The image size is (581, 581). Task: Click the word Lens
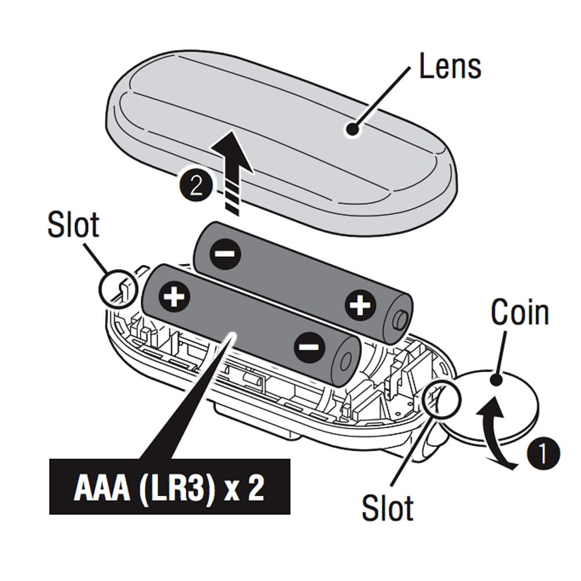(450, 67)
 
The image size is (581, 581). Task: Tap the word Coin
(519, 312)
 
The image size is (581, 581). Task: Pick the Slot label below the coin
(388, 507)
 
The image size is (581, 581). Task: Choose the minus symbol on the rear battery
(225, 253)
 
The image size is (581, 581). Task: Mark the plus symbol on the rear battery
(360, 304)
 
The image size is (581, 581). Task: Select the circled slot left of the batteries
(119, 288)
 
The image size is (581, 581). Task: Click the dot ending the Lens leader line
(352, 129)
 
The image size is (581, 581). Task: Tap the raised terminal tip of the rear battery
(400, 320)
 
